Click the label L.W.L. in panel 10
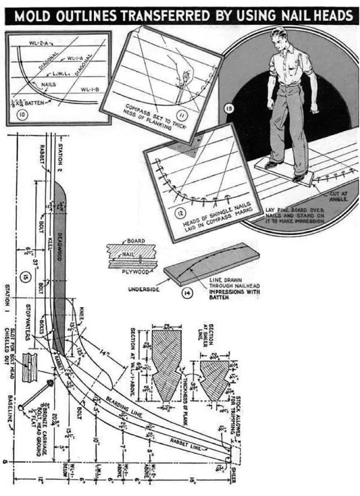tap(63, 74)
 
